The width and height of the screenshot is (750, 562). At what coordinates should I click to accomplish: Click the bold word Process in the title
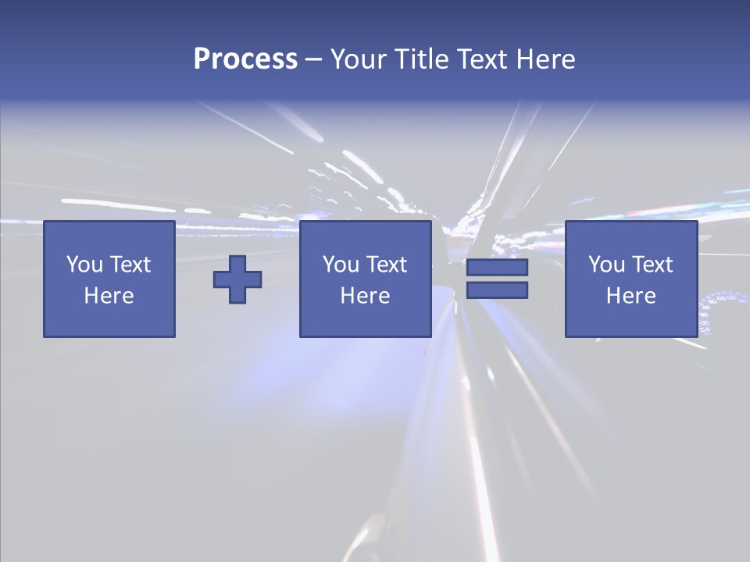[245, 59]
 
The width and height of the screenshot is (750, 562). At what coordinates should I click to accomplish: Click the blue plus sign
[237, 279]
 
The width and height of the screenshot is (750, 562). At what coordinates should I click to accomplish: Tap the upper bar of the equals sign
[497, 268]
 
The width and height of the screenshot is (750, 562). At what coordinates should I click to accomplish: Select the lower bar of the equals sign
[497, 290]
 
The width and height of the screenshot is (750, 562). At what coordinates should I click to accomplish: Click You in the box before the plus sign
[84, 265]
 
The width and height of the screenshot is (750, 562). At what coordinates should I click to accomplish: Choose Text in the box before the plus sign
[130, 265]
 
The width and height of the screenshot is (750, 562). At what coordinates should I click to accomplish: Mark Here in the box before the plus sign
[109, 296]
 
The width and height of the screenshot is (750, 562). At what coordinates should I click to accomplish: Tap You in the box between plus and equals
[341, 265]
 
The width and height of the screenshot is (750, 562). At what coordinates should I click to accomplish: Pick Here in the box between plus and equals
[366, 296]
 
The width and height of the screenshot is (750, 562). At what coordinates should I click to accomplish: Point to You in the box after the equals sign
[606, 265]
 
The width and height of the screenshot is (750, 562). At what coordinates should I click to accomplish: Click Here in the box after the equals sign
[631, 296]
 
